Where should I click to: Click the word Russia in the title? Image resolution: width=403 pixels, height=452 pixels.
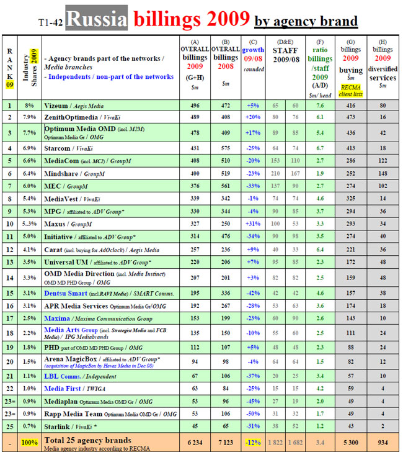point(96,20)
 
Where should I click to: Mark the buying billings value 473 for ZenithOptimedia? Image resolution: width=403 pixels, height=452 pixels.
point(352,117)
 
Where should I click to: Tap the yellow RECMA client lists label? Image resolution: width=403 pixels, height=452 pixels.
point(352,88)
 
